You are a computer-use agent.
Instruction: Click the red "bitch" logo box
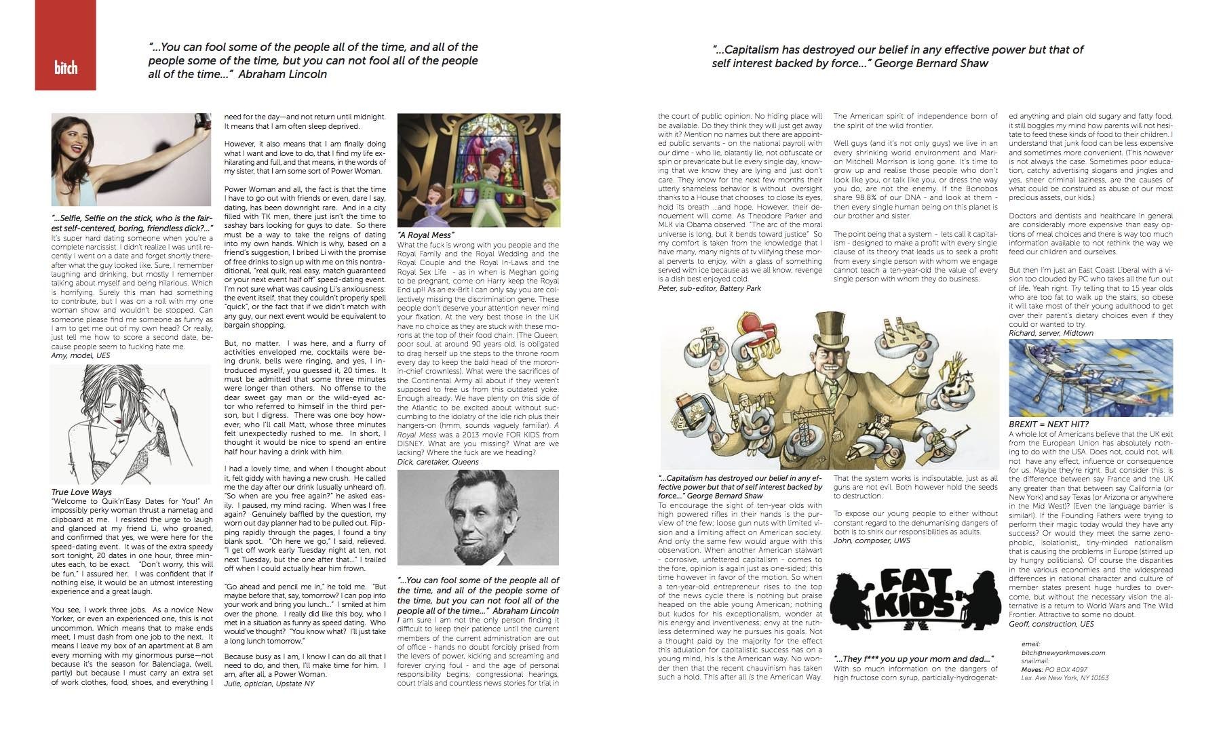(65, 45)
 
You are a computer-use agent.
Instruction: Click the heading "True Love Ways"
(81, 492)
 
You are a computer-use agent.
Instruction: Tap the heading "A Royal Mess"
(426, 235)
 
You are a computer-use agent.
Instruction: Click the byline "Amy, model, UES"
(80, 355)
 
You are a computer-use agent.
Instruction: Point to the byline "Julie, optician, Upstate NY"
(269, 684)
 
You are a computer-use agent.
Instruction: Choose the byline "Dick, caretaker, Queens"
(438, 462)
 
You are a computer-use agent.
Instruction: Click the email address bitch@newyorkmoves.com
(1063, 653)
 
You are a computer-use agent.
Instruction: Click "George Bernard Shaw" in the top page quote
(930, 63)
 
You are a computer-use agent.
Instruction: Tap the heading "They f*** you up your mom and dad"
(914, 659)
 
